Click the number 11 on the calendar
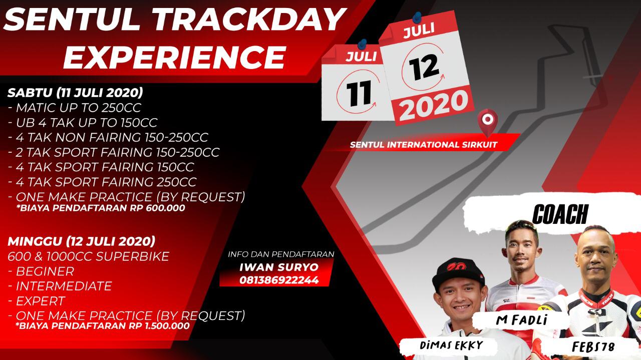(x=359, y=93)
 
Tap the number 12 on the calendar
(x=424, y=67)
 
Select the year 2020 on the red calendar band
(x=434, y=105)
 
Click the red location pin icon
(x=488, y=122)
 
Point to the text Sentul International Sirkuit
(x=424, y=145)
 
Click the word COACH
(x=560, y=214)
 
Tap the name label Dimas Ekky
(x=451, y=345)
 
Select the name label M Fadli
(x=522, y=320)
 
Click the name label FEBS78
(x=593, y=347)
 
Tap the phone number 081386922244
(x=279, y=280)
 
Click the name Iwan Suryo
(x=279, y=267)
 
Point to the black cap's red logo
(x=457, y=267)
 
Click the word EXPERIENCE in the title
(x=175, y=57)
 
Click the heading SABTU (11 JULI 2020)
(x=75, y=93)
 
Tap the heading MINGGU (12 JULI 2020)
(x=81, y=241)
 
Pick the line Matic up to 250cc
(x=75, y=108)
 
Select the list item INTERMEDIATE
(x=60, y=286)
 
